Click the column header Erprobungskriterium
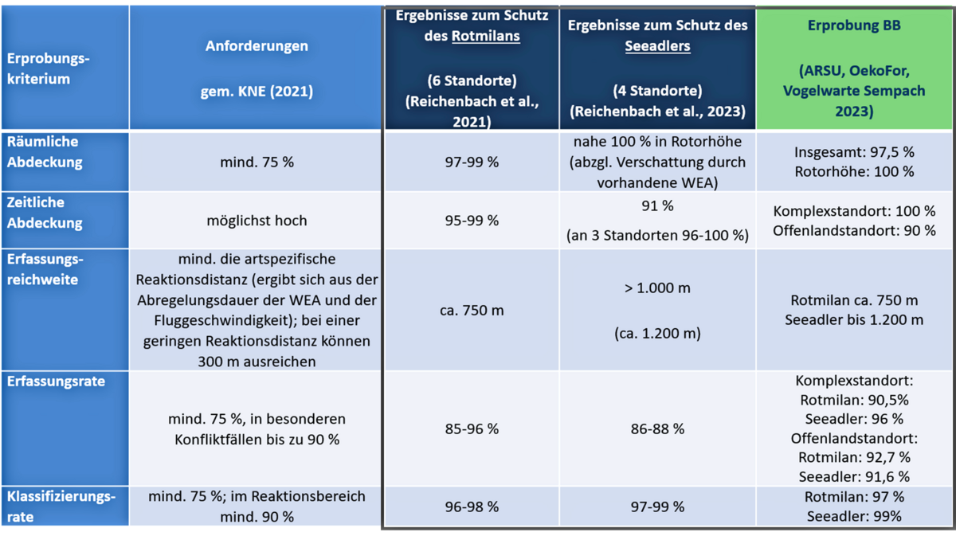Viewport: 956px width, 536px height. [49, 69]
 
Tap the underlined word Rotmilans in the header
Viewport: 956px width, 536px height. [485, 36]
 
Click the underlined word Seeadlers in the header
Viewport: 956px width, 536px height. [657, 46]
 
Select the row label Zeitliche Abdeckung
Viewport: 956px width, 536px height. [45, 213]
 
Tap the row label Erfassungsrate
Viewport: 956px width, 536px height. [56, 381]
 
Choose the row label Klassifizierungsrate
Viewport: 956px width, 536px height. [61, 507]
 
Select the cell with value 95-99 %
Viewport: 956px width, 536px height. [472, 220]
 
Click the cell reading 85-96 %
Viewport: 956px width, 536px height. [472, 428]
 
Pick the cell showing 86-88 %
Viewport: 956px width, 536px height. [657, 428]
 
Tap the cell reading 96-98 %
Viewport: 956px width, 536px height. [472, 507]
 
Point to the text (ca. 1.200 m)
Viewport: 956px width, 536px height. [657, 334]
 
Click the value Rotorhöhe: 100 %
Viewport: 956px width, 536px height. [854, 171]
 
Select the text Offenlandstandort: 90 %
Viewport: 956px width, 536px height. [854, 230]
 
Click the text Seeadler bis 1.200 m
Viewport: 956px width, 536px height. [854, 320]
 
